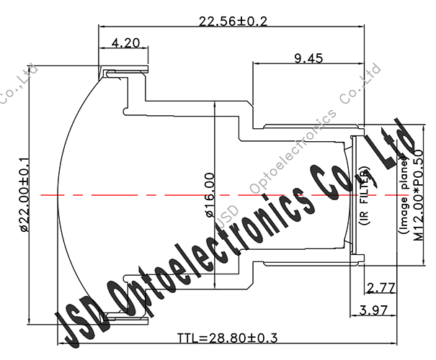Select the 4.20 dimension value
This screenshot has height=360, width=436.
pyautogui.click(x=125, y=44)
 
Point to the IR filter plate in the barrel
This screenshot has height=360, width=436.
pyautogui.click(x=352, y=195)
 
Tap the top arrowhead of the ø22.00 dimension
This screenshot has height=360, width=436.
pyautogui.click(x=27, y=68)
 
